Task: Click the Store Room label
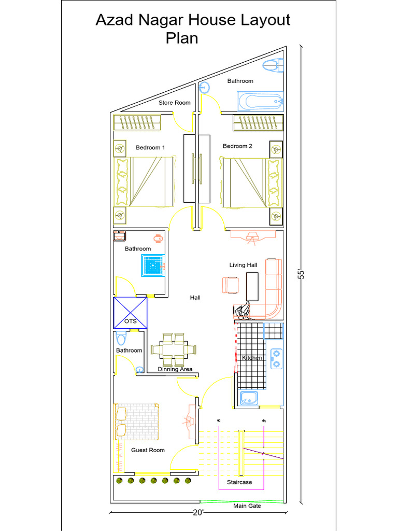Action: [x=174, y=103]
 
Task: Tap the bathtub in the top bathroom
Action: [x=261, y=101]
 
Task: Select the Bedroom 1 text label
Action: [x=150, y=148]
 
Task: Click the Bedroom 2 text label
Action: [x=237, y=146]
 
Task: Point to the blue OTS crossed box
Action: [x=130, y=313]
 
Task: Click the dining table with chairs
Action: [x=174, y=349]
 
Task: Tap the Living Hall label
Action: [x=243, y=265]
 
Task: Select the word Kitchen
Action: [x=252, y=358]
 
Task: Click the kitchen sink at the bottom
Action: [x=249, y=398]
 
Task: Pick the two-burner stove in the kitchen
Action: [x=277, y=358]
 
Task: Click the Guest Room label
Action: [x=148, y=450]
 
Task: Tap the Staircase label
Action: [x=239, y=482]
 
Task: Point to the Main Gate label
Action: [x=247, y=506]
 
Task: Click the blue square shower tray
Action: [x=152, y=267]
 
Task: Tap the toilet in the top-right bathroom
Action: [x=273, y=65]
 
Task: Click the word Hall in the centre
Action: [x=195, y=298]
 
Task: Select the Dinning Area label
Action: [x=175, y=369]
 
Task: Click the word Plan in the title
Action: [x=182, y=38]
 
